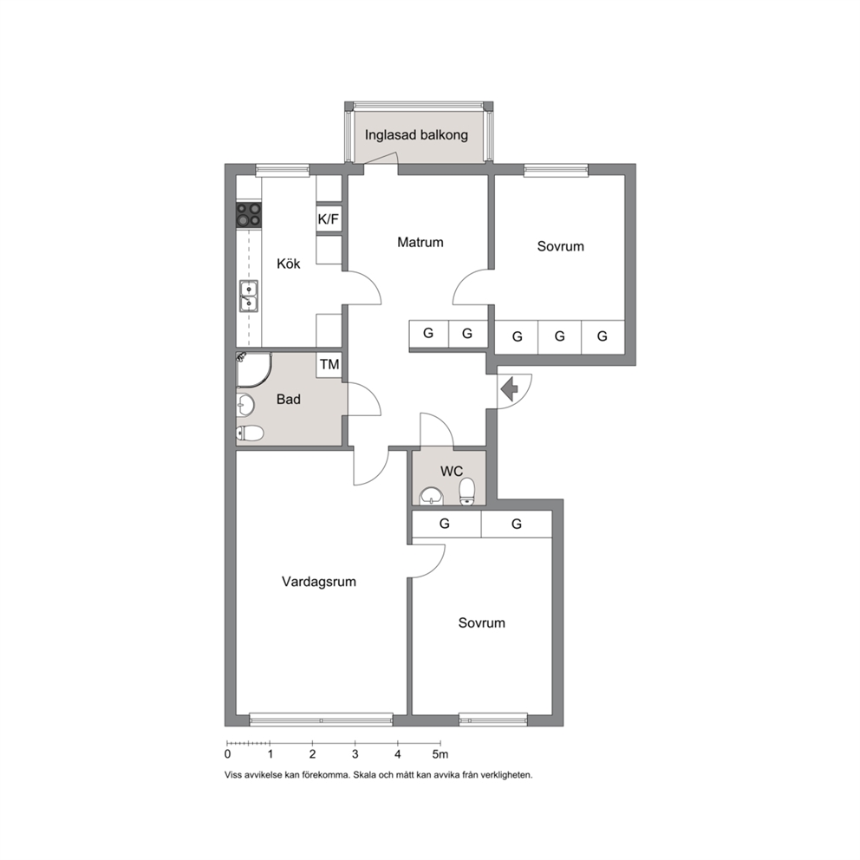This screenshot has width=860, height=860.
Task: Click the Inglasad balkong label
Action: [x=416, y=135]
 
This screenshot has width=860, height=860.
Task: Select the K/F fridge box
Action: [x=329, y=219]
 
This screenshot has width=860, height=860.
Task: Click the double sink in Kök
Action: [x=249, y=296]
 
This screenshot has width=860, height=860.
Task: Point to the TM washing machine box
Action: [x=329, y=365]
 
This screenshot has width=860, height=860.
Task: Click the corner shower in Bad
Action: [x=254, y=370]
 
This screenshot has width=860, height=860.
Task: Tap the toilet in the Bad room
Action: [x=250, y=433]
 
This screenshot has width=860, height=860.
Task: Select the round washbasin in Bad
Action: [x=245, y=406]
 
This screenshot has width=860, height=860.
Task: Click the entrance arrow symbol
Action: [x=510, y=389]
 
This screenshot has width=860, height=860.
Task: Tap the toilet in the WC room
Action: [x=466, y=491]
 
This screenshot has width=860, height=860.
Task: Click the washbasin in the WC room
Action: [x=433, y=497]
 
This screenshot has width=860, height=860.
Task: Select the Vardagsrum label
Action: [x=319, y=582]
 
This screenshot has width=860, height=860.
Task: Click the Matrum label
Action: [x=420, y=242]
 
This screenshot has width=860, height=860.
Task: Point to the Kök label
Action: [x=289, y=264]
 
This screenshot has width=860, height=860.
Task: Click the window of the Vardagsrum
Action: [x=322, y=719]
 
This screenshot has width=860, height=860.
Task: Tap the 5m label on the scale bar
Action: [x=440, y=754]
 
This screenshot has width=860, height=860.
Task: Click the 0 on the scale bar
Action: [x=228, y=754]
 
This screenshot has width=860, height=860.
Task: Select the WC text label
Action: [x=452, y=471]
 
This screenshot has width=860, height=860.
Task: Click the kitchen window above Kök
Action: [x=283, y=170]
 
